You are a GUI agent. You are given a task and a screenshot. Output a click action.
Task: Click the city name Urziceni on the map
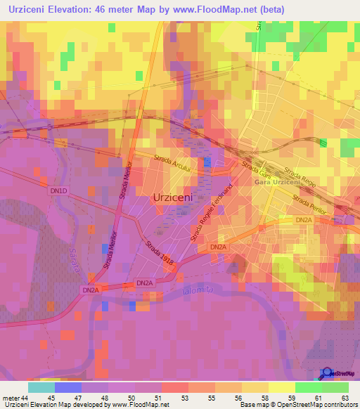[x=173, y=197]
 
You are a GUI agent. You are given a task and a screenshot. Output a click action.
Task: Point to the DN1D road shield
[x=59, y=190]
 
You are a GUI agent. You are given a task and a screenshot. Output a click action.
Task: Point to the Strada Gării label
[x=252, y=169]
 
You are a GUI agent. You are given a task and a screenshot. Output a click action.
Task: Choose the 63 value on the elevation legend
[x=345, y=397]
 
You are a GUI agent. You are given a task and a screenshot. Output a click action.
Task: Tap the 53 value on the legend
[x=185, y=397]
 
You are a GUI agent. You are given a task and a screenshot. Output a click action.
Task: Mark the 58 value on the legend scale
[x=265, y=397]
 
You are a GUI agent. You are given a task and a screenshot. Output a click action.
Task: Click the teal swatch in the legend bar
[x=41, y=387]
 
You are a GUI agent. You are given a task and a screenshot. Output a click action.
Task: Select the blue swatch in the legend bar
[x=67, y=387]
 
